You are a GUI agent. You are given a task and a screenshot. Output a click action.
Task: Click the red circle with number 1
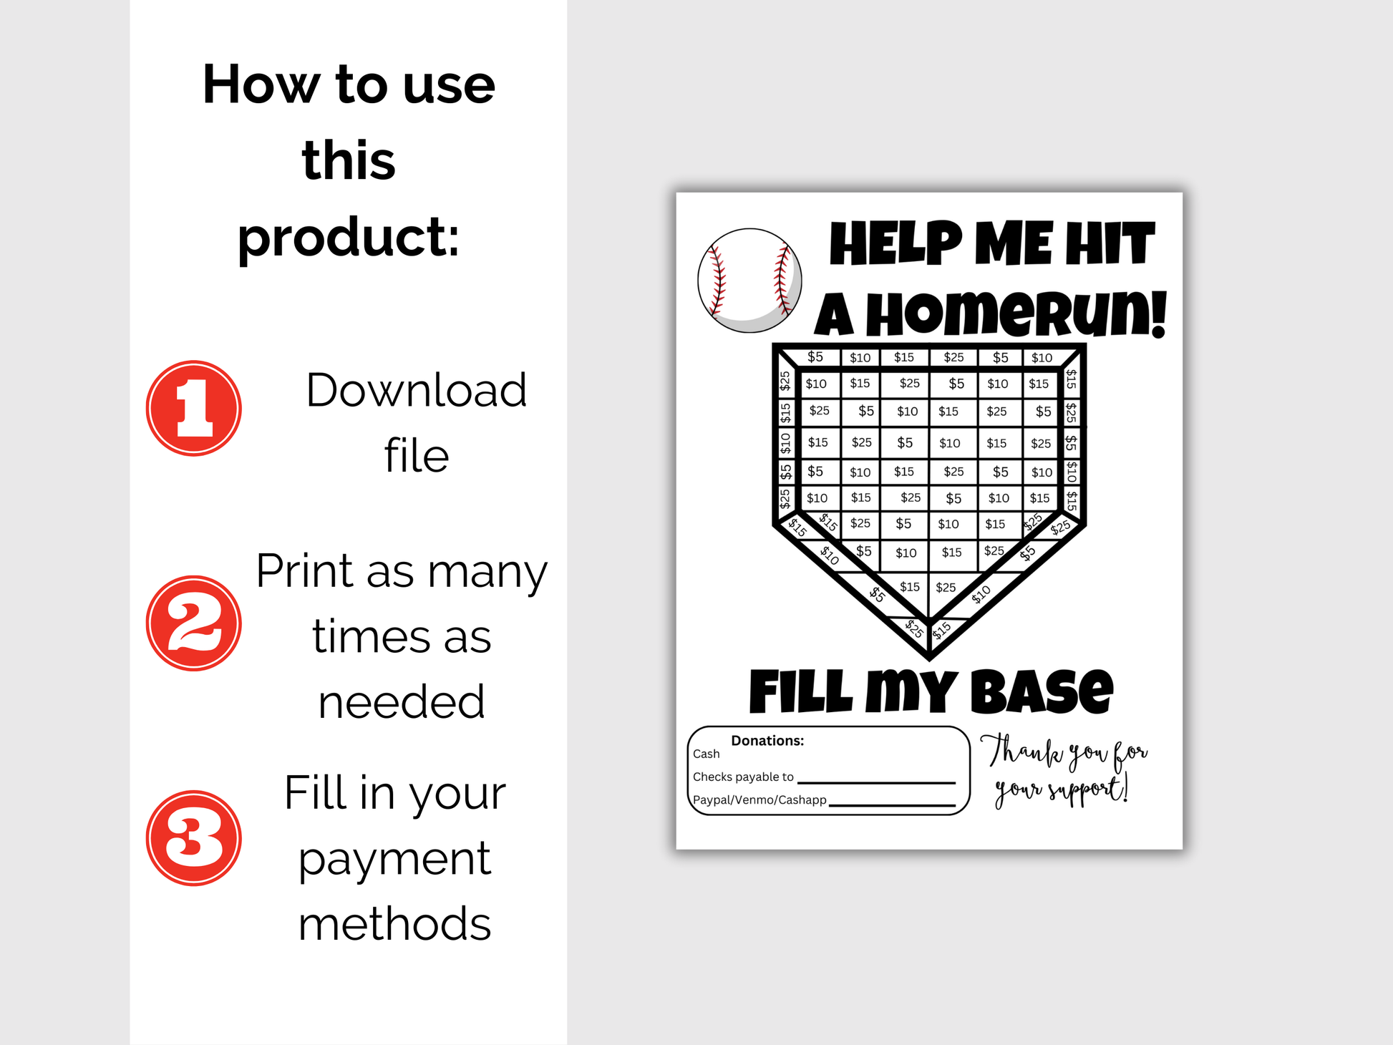click(193, 408)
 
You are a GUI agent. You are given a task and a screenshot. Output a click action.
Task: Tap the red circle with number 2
click(193, 623)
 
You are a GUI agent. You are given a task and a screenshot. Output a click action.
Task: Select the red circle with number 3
click(193, 837)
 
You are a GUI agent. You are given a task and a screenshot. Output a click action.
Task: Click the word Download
click(416, 390)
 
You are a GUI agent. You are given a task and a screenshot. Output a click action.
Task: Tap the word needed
click(402, 701)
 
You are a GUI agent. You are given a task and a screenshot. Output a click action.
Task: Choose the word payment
click(394, 859)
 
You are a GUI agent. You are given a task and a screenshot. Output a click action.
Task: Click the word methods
click(394, 923)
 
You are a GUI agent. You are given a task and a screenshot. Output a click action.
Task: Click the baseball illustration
click(749, 281)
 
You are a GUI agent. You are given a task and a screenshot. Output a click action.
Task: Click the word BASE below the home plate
click(1042, 691)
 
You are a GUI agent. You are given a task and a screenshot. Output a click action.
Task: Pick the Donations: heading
click(767, 741)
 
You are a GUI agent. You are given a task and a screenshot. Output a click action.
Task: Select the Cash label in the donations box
click(706, 754)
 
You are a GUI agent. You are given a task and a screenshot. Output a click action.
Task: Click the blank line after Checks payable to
click(876, 782)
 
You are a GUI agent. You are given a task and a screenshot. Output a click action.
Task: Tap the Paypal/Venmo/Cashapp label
click(759, 799)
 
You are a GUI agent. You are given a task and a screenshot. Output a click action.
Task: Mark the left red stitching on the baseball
click(717, 281)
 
